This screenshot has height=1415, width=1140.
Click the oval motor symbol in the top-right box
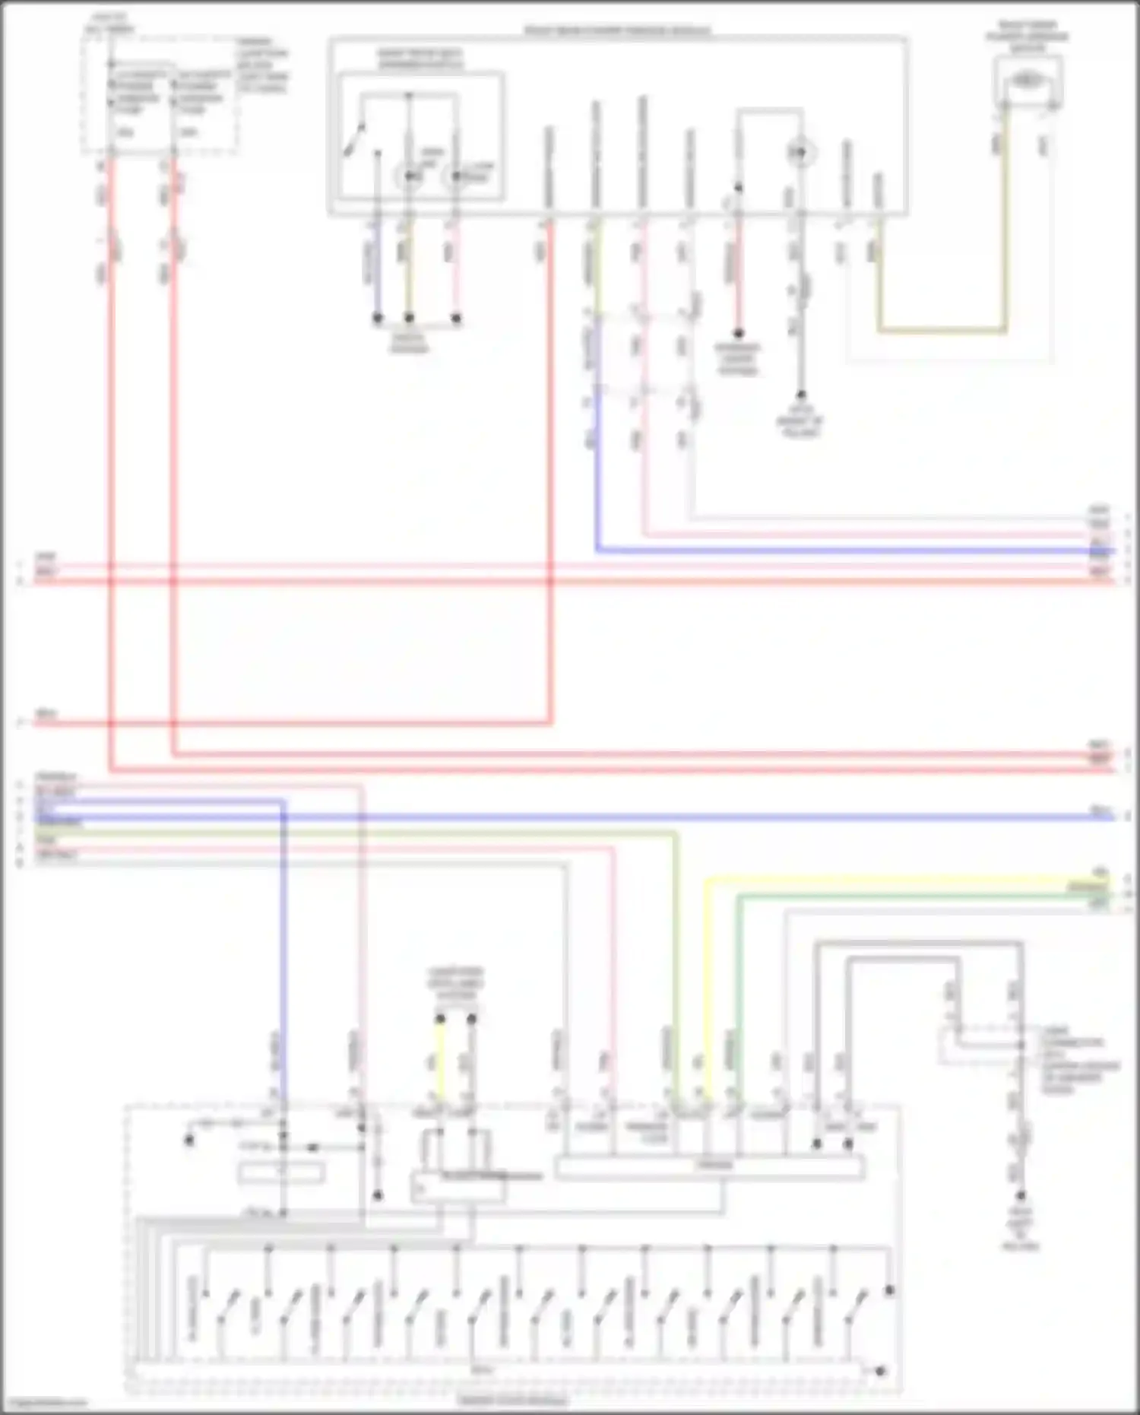pos(1027,79)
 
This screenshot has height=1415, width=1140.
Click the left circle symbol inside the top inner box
pos(410,177)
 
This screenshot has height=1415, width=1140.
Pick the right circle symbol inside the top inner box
pos(454,177)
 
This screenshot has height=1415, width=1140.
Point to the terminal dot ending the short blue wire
pos(377,319)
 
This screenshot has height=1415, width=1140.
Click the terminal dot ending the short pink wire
pos(456,319)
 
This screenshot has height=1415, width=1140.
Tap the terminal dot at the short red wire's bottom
pos(737,333)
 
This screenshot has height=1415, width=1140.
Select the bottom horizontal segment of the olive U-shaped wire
pos(942,331)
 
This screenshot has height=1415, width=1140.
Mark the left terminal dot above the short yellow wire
pos(439,1018)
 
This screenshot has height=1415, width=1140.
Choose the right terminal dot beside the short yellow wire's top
pos(472,1018)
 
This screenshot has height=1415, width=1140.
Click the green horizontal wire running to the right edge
pos(912,896)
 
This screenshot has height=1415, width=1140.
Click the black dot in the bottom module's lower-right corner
pos(880,1371)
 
